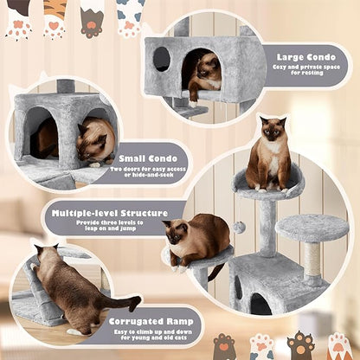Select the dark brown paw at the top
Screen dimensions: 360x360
click(92, 22)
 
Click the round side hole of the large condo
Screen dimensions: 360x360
click(162, 59)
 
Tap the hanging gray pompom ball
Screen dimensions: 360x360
click(241, 226)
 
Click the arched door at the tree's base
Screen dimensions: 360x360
click(259, 304)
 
